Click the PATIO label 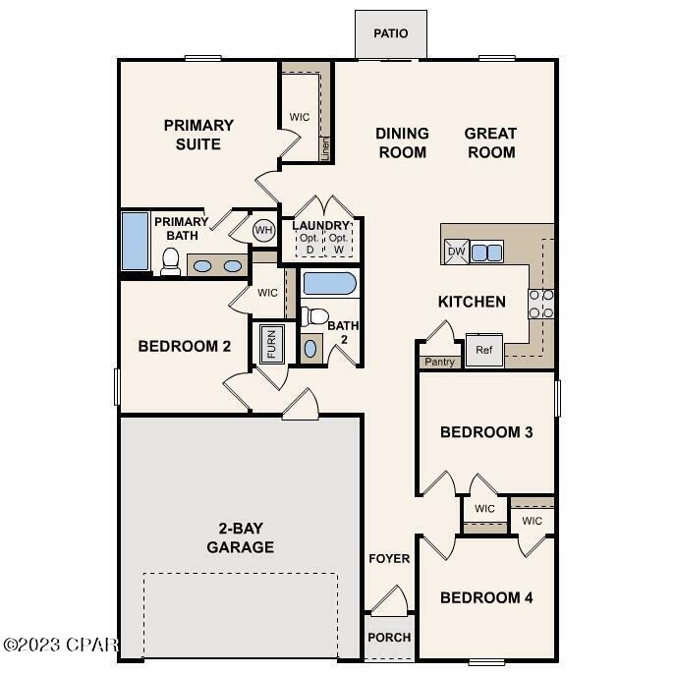tap(390, 33)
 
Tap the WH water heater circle tap(263, 230)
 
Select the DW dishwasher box tap(456, 252)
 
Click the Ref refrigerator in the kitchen tap(483, 350)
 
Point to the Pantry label tap(439, 362)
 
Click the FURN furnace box tap(270, 344)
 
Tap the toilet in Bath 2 tap(314, 316)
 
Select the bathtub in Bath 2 tap(329, 284)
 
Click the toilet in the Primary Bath tap(170, 260)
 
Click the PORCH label tap(389, 637)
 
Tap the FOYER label tap(389, 559)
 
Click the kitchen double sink tap(485, 252)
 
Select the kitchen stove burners tap(541, 304)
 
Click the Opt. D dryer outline tap(309, 244)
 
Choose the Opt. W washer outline tap(339, 244)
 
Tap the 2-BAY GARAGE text tap(240, 538)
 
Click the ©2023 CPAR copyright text tap(61, 646)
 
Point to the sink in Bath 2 tap(311, 348)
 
